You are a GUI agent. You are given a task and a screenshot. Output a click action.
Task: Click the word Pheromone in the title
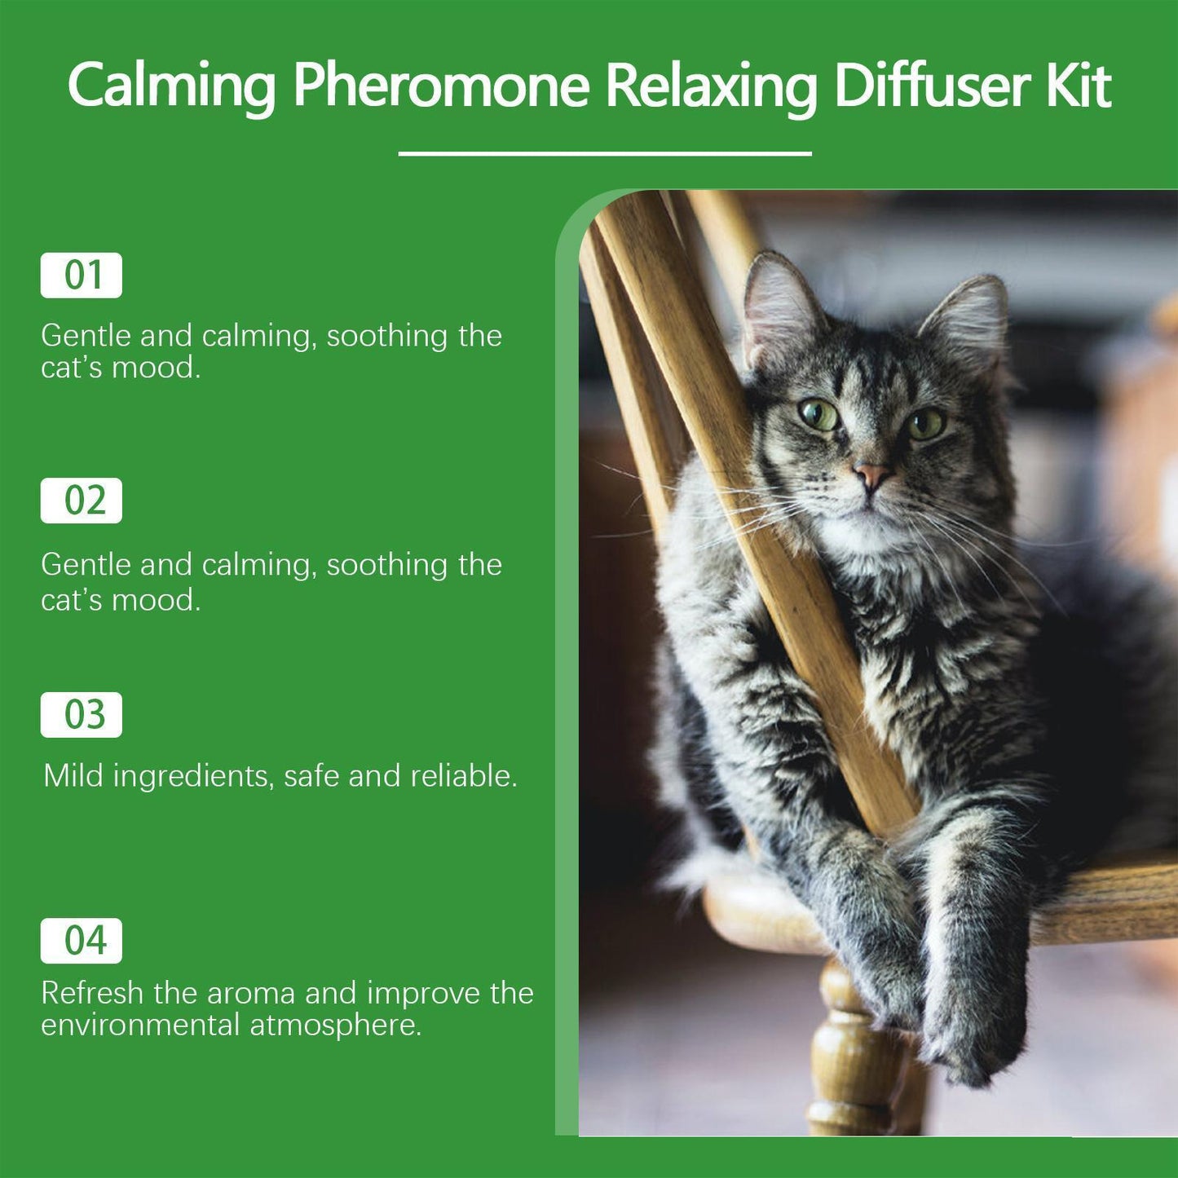point(440,86)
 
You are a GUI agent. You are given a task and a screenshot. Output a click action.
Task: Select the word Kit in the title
point(1078,86)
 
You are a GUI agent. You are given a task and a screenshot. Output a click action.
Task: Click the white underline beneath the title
point(605,153)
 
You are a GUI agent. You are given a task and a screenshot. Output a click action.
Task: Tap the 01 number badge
point(82,276)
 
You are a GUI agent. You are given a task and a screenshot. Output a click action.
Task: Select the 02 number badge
point(82,501)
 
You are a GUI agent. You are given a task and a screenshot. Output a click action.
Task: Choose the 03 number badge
point(82,715)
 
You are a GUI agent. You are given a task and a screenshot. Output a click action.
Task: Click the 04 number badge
point(82,941)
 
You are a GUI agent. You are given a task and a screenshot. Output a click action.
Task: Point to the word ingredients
point(191,777)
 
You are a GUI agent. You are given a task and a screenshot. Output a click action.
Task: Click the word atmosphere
point(335,1026)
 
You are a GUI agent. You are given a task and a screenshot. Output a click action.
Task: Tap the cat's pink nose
point(871,473)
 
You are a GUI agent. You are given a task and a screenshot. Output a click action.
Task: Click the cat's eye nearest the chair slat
point(818,415)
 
